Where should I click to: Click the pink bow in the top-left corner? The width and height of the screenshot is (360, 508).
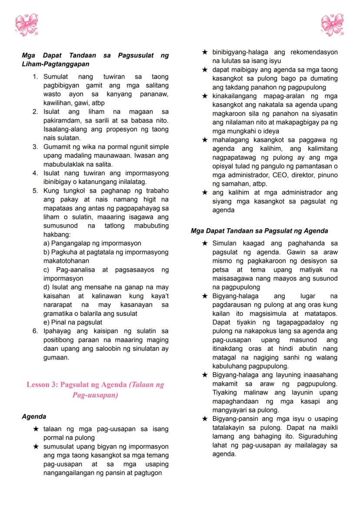coord(27,24)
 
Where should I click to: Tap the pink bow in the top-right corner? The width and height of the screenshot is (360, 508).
coord(332,24)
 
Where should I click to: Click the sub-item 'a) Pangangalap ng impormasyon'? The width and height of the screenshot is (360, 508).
coord(92,243)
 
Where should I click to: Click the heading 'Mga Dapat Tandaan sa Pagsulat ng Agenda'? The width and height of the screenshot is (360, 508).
coord(259,231)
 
